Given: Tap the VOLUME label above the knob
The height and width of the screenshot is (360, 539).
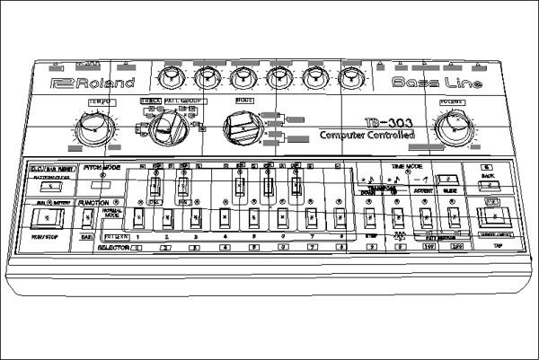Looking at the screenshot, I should (450, 103).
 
